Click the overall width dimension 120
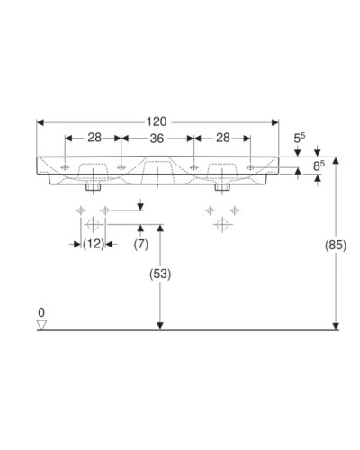(x=157, y=119)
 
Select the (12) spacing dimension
(x=93, y=244)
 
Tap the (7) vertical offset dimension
(x=141, y=244)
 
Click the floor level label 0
(x=40, y=312)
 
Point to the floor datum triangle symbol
(x=40, y=324)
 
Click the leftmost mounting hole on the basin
(x=66, y=166)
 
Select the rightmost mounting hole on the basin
(x=249, y=166)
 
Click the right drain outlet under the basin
(x=220, y=188)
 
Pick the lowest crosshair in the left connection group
(x=93, y=226)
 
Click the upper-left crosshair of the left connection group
(x=81, y=211)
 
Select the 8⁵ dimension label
(x=315, y=166)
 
